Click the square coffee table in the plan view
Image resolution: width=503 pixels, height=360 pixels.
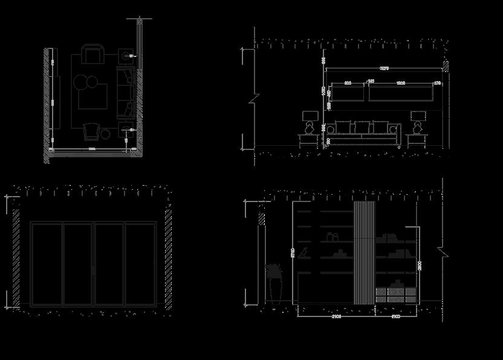(x=93, y=97)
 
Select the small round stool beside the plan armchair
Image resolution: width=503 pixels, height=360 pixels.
(x=106, y=134)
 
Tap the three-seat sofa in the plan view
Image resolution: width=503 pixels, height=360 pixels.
(x=126, y=92)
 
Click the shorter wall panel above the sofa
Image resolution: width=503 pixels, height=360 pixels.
(x=345, y=93)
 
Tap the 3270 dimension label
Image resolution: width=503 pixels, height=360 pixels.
(x=383, y=68)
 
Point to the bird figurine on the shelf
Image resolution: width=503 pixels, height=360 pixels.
(x=307, y=252)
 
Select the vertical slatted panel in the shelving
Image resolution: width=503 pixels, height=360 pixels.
(x=364, y=253)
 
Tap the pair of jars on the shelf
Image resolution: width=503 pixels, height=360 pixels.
(x=331, y=237)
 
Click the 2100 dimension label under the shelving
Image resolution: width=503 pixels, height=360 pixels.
(x=336, y=316)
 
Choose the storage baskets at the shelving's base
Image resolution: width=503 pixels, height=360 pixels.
(x=396, y=293)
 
